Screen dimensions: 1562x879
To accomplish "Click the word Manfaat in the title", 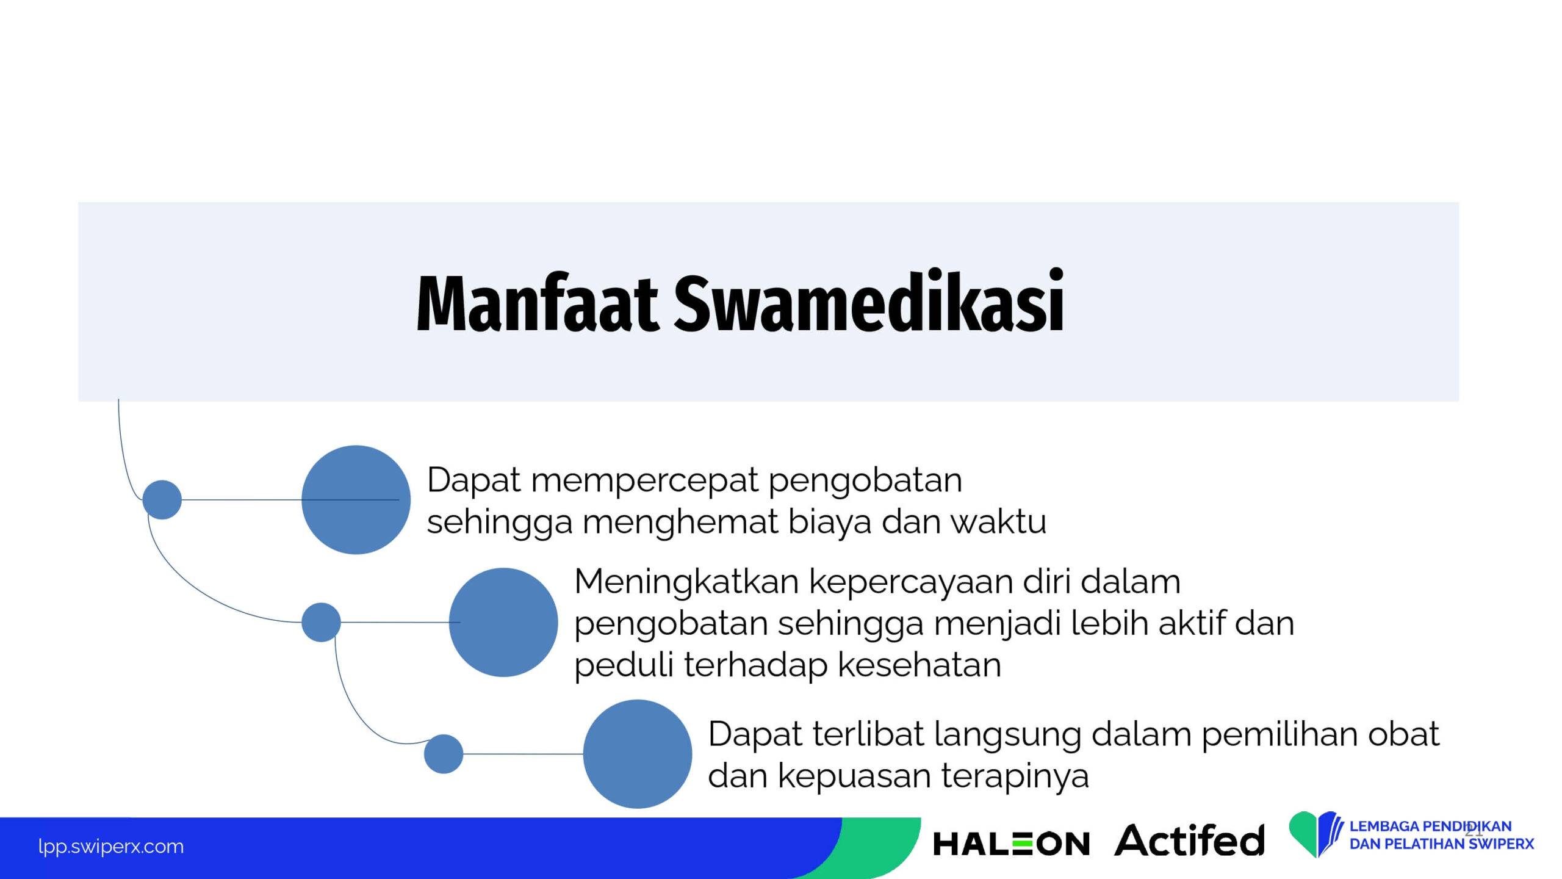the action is tap(538, 303).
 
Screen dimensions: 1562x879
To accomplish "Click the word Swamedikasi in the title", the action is tap(869, 301).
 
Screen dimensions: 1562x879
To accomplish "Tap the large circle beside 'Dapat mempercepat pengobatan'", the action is tap(356, 500).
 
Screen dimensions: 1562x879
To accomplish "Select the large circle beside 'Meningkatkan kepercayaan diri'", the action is tap(503, 623).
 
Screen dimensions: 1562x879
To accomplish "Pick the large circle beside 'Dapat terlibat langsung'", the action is tap(638, 754).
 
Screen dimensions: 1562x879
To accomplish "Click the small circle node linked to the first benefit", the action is tap(162, 500).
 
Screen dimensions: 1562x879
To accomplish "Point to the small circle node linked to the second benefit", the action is tap(321, 623).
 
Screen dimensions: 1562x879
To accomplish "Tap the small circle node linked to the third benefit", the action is tap(444, 754).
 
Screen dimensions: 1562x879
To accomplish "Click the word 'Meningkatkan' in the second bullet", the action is tap(686, 581).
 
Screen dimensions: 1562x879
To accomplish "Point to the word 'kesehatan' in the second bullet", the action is tap(920, 665).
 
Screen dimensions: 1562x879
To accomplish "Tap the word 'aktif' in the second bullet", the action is tap(1192, 623).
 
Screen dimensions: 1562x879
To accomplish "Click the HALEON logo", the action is tap(1011, 844).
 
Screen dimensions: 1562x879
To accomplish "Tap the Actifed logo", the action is tap(1189, 841).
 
